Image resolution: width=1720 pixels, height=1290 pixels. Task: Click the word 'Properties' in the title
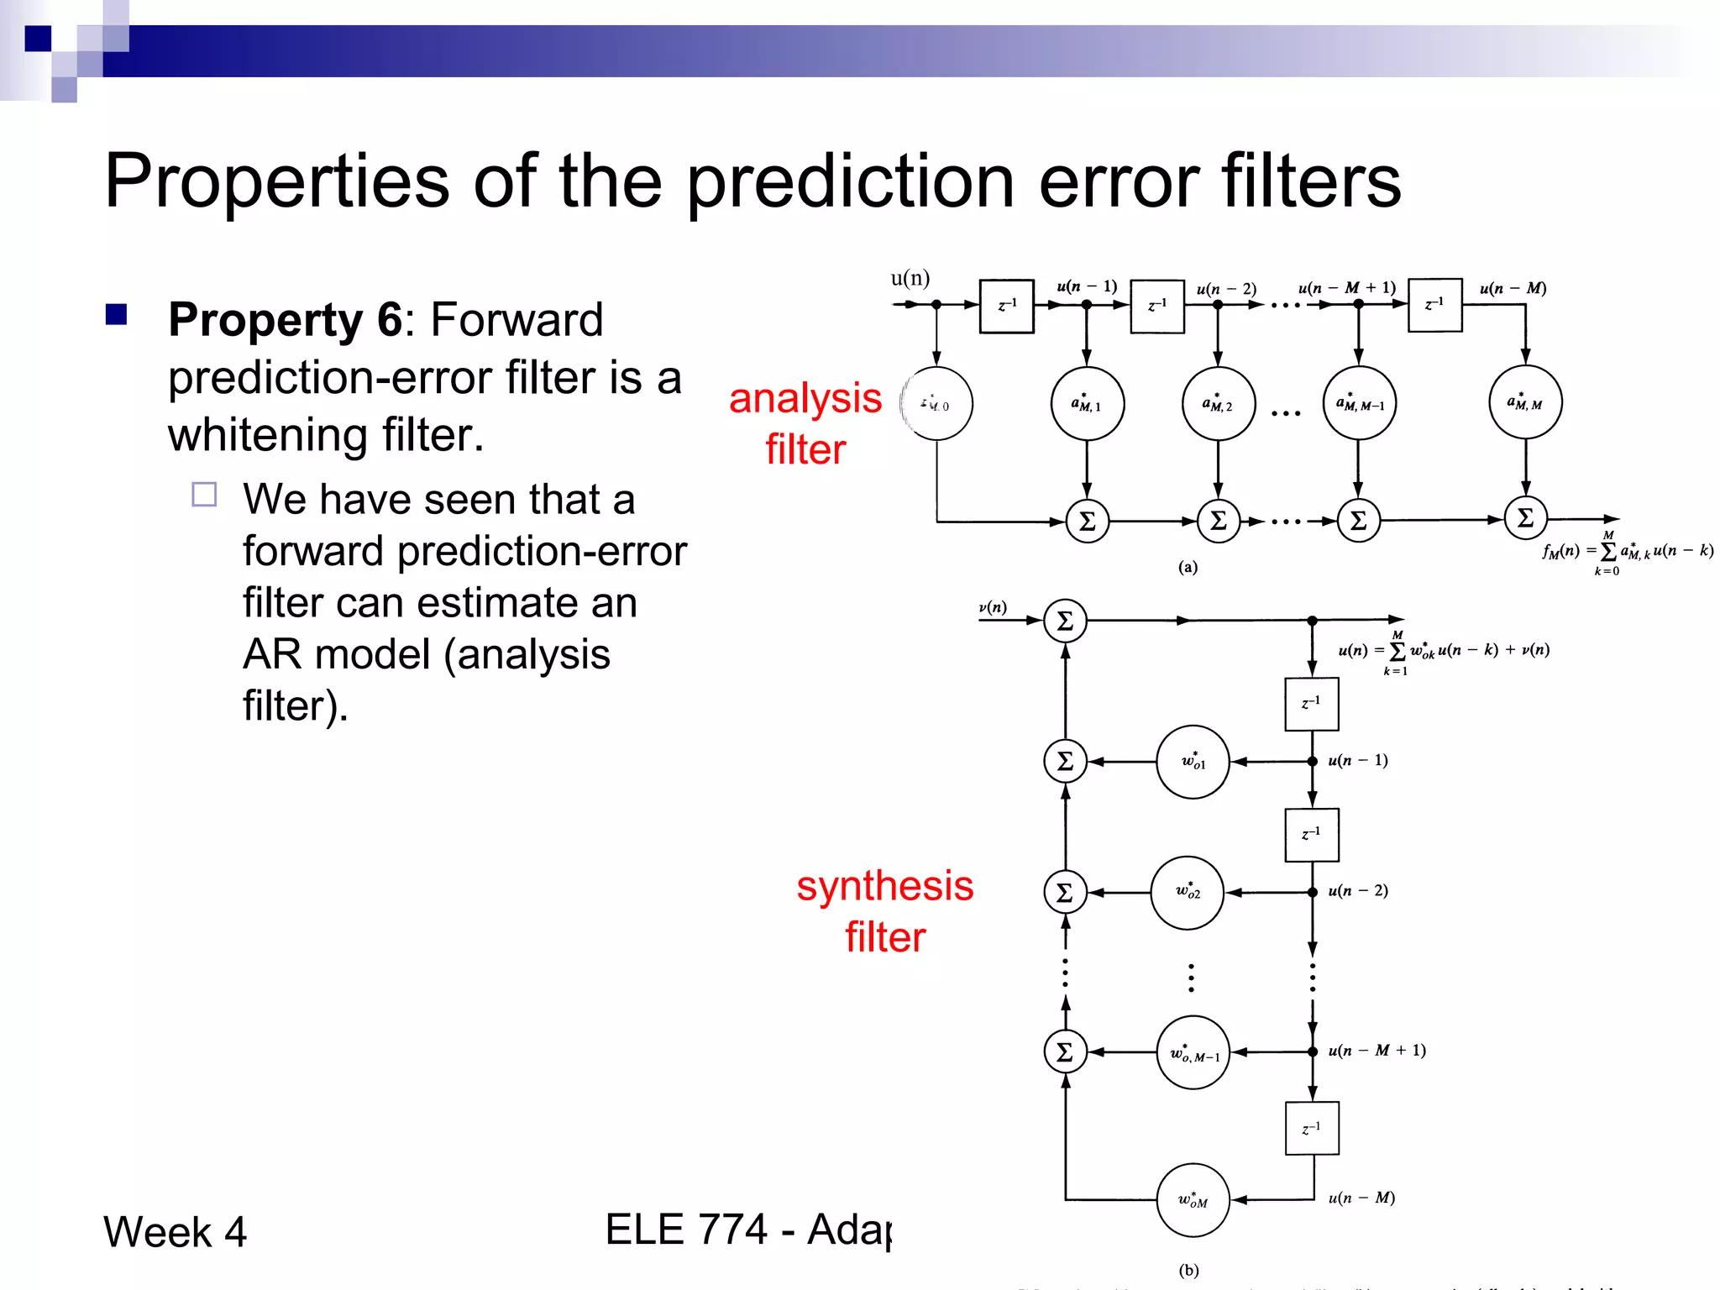(277, 182)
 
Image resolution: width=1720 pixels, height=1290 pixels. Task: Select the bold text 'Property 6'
(285, 320)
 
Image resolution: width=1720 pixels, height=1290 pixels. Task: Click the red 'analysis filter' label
(805, 423)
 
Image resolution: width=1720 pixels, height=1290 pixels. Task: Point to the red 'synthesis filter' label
(884, 911)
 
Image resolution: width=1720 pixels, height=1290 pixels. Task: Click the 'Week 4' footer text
(175, 1232)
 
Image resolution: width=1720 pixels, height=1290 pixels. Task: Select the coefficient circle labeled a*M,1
(1087, 404)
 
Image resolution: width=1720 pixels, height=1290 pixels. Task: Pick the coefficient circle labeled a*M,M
(1525, 402)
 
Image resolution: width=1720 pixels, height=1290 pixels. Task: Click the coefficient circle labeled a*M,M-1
(1359, 403)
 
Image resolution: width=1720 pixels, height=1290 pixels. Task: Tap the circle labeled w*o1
(1193, 762)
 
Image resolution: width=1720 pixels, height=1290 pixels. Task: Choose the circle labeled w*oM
(1193, 1200)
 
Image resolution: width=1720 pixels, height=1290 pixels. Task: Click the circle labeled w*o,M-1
(1193, 1052)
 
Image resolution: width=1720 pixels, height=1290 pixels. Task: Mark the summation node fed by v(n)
(1065, 621)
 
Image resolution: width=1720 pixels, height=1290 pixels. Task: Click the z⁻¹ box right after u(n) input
(1006, 306)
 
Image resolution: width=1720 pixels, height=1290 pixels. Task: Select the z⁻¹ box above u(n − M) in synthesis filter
(1312, 1128)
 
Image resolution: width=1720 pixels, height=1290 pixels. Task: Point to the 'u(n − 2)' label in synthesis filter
(1358, 890)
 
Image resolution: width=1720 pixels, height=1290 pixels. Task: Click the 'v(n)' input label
(993, 607)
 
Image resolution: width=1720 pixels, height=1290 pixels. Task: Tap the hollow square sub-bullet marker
(204, 495)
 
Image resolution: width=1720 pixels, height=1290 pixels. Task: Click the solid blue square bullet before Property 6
(116, 315)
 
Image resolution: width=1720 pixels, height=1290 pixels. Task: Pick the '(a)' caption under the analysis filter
(1188, 567)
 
